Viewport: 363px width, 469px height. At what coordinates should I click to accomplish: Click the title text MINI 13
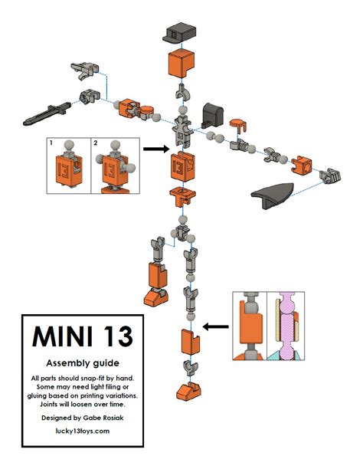tap(81, 337)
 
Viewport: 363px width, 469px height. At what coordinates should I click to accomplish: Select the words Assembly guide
tap(81, 362)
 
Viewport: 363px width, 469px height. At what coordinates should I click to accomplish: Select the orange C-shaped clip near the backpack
tap(237, 123)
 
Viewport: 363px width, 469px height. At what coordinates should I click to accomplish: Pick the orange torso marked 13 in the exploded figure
tap(182, 166)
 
